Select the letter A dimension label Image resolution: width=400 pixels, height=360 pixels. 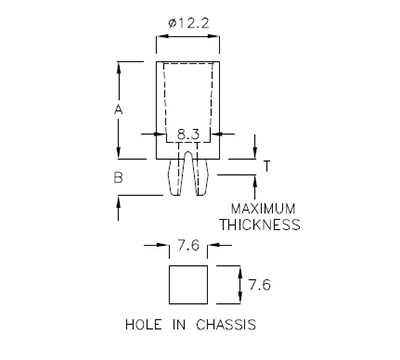118,110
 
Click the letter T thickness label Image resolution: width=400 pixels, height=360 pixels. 266,166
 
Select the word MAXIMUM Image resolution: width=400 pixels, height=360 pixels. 265,208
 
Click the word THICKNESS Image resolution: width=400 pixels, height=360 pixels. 261,225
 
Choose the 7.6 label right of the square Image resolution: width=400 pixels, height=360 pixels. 260,284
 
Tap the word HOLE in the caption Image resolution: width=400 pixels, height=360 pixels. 144,325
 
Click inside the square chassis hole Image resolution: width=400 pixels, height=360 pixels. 186,285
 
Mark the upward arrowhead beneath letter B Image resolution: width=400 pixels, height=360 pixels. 119,199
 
